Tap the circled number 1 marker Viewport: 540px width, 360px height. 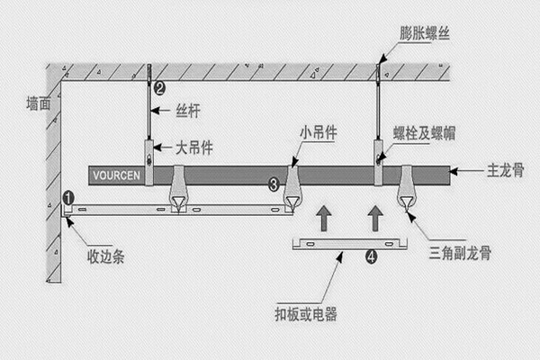pyautogui.click(x=68, y=196)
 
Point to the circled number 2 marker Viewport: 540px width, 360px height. pyautogui.click(x=159, y=88)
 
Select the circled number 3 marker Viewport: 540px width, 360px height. pyautogui.click(x=274, y=184)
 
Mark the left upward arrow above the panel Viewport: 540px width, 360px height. pyautogui.click(x=323, y=218)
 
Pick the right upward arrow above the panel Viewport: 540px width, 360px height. pyautogui.click(x=376, y=218)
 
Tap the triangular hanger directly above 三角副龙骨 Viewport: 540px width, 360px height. pyautogui.click(x=407, y=191)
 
